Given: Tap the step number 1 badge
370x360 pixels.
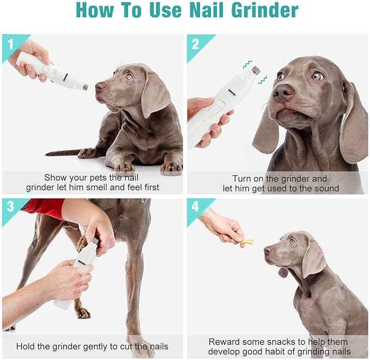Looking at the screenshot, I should tap(9, 43).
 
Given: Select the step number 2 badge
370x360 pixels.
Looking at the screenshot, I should tap(195, 43).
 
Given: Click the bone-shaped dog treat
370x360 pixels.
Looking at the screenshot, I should tap(247, 240).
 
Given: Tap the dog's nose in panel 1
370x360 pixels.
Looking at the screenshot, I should tap(100, 87).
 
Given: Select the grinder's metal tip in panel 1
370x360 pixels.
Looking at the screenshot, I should tap(85, 86).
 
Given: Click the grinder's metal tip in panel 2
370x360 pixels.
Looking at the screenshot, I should tap(255, 70).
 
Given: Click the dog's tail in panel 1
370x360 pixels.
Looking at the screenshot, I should tap(63, 152).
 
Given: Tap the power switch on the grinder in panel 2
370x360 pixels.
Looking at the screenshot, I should tap(214, 107).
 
